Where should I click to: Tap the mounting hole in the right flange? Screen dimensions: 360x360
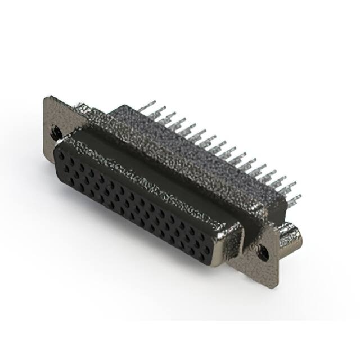pyautogui.click(x=263, y=254)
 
